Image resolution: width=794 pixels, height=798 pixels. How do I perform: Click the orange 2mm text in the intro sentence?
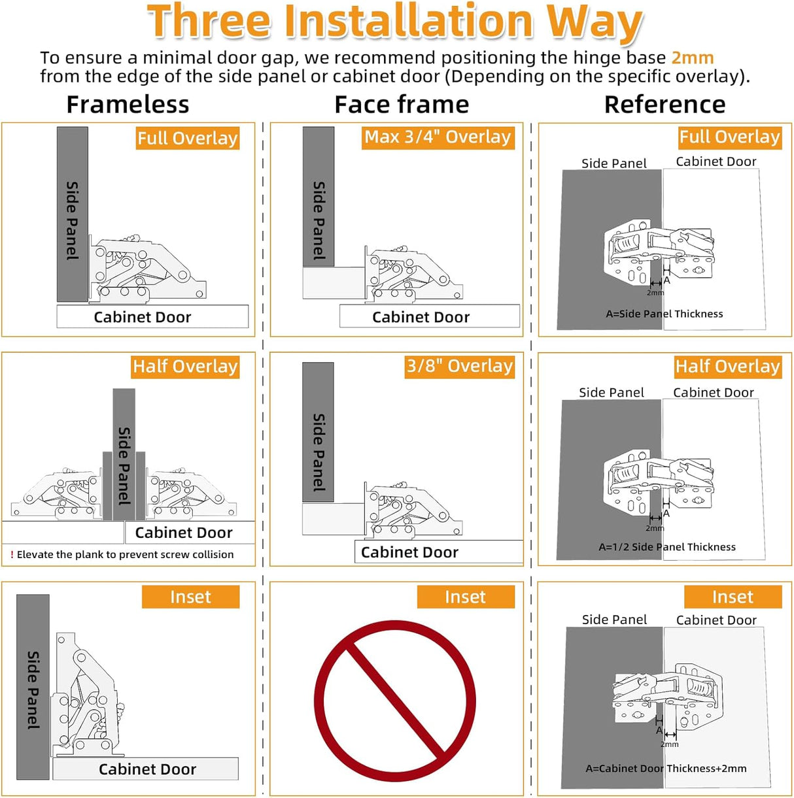point(692,58)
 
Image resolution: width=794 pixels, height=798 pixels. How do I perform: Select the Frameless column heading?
point(128,105)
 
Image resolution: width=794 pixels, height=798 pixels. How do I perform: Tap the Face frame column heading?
point(402,105)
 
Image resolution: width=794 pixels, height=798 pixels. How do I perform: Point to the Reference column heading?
point(665,105)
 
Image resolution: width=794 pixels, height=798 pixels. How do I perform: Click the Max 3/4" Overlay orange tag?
point(438,138)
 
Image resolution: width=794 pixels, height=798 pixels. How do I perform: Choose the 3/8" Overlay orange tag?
point(459,367)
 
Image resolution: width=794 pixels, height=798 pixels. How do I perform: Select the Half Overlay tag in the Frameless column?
point(185,367)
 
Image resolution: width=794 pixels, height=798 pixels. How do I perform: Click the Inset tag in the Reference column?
point(733,597)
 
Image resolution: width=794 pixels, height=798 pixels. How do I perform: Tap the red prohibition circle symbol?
point(395,702)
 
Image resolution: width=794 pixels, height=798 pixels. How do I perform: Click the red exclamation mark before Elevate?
point(12,554)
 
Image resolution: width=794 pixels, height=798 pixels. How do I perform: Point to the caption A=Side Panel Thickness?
point(665,314)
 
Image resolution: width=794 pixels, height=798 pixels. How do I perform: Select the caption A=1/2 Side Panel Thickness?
point(667,547)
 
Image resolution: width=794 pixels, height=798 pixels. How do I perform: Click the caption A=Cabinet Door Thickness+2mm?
point(666,769)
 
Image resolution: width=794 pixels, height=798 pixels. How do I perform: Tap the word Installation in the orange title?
point(408,21)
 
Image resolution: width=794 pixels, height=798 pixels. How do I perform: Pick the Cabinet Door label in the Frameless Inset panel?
point(147,769)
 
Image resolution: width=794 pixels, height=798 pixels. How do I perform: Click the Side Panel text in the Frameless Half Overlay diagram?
point(124,466)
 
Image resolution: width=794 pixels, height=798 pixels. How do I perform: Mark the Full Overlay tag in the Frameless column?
point(188,139)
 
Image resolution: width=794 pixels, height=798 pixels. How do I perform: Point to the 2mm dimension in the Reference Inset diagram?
point(670,744)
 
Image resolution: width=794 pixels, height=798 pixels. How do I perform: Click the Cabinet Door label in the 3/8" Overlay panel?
point(409,552)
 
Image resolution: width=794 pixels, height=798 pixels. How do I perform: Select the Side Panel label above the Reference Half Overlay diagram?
point(611,393)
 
